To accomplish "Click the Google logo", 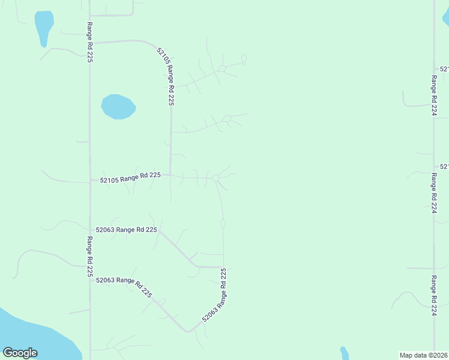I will click(20, 353).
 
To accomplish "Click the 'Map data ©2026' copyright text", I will click(423, 355).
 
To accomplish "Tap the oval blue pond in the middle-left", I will click(118, 107).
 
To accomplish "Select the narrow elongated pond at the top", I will click(43, 27).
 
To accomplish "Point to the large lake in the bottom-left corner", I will click(30, 336).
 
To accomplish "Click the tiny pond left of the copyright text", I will click(345, 353).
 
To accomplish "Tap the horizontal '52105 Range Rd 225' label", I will click(130, 178).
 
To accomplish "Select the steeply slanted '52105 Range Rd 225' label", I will click(166, 77).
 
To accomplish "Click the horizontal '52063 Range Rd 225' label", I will click(127, 229).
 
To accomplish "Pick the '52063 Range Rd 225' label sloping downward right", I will click(124, 287).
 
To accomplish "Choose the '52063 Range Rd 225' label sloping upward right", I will click(214, 295).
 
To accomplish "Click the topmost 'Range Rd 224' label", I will click(433, 95).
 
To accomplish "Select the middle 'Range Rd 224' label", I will click(433, 193).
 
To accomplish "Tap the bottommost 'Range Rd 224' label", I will click(433, 295).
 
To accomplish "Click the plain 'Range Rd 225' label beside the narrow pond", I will click(89, 42).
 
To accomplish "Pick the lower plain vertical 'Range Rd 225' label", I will click(89, 257).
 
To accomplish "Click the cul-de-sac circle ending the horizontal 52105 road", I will click(215, 178).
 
